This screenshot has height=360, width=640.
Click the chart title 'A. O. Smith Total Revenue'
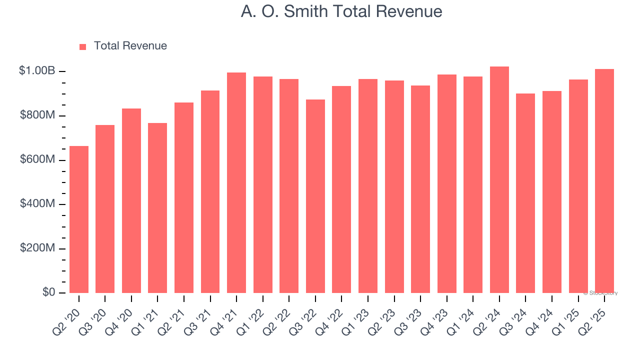(x=341, y=11)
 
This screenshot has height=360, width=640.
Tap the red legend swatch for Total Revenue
(x=83, y=46)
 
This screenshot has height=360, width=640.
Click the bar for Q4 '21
(x=236, y=182)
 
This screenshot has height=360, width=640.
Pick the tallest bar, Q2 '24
(x=499, y=179)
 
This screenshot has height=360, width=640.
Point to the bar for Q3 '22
(x=315, y=196)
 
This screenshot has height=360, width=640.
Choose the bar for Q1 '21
(x=157, y=207)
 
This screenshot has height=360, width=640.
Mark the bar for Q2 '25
(x=604, y=180)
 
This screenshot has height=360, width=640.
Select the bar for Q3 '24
(x=525, y=193)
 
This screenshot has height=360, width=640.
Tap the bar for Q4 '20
(x=131, y=200)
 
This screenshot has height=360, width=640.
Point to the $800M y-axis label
(x=37, y=115)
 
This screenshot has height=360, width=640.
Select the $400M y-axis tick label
(x=37, y=204)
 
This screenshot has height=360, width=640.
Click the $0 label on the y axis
(x=48, y=292)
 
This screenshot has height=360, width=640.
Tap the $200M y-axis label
(x=37, y=248)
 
